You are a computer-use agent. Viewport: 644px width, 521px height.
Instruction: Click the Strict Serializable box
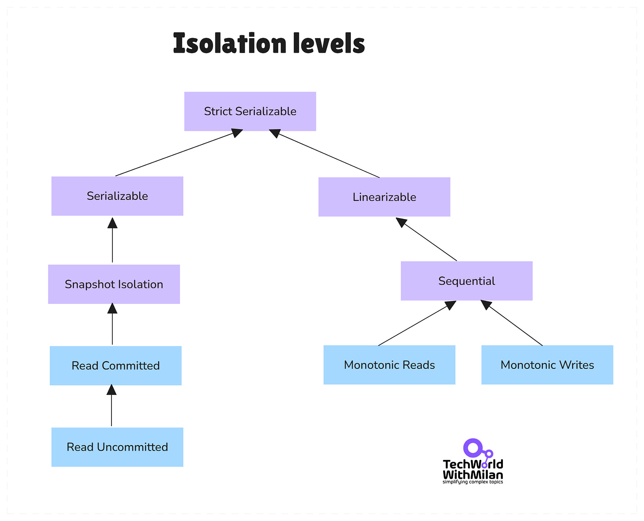point(250,111)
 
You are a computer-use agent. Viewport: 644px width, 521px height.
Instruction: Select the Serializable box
point(117,196)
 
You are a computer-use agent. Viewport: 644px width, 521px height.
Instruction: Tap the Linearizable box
point(384,197)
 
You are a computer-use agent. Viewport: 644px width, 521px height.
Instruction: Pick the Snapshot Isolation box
point(114,284)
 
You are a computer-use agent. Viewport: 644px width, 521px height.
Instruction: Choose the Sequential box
point(466,281)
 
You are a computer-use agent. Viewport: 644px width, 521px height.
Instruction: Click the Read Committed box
point(115,365)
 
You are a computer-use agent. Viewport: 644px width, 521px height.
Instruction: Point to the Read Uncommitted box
point(117,447)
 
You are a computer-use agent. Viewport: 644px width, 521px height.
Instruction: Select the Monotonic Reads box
point(389,365)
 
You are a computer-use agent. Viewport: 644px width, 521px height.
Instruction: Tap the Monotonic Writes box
point(547,365)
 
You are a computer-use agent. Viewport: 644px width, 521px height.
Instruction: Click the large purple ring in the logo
point(473,448)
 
